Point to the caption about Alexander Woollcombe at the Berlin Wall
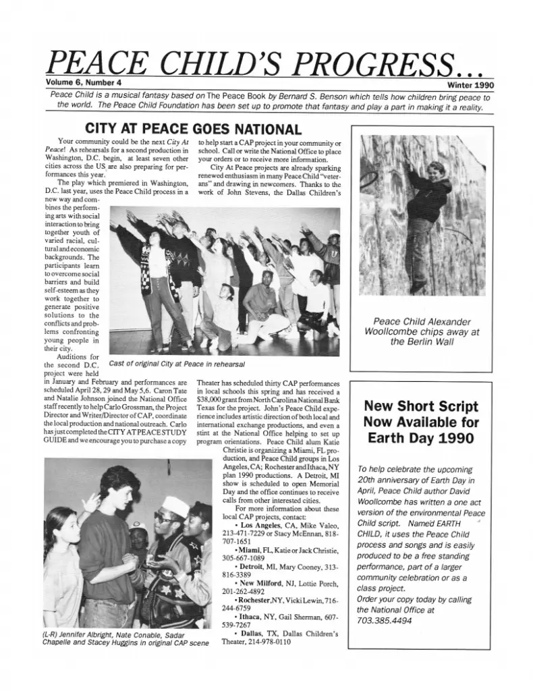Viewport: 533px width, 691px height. pos(422,331)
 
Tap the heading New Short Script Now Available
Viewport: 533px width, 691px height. pos(421,422)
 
